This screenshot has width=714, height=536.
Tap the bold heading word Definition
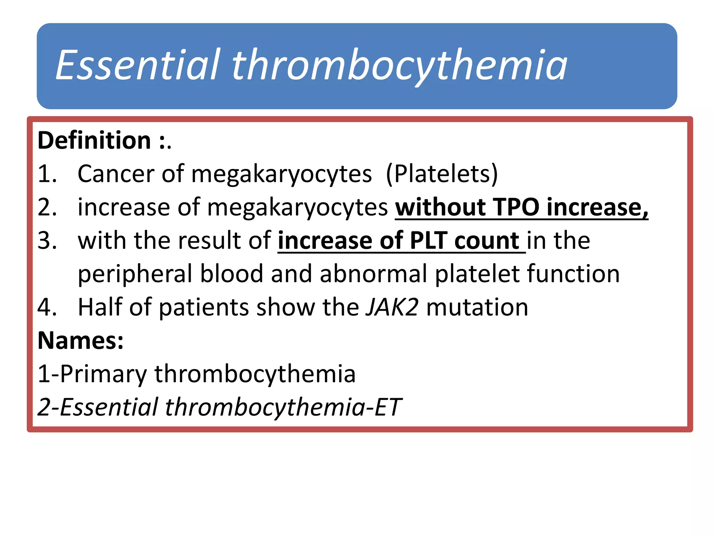[94, 140]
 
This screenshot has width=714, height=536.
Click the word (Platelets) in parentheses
[442, 174]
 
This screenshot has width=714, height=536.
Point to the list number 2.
[47, 207]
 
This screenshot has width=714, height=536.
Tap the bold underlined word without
[440, 207]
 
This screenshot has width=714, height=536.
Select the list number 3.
[47, 240]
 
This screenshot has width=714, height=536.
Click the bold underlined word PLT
[428, 240]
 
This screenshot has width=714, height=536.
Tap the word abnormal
[373, 274]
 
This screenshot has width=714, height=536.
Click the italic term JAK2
[392, 307]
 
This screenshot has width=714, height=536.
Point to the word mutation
[477, 307]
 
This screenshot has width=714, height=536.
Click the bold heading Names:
[81, 341]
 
